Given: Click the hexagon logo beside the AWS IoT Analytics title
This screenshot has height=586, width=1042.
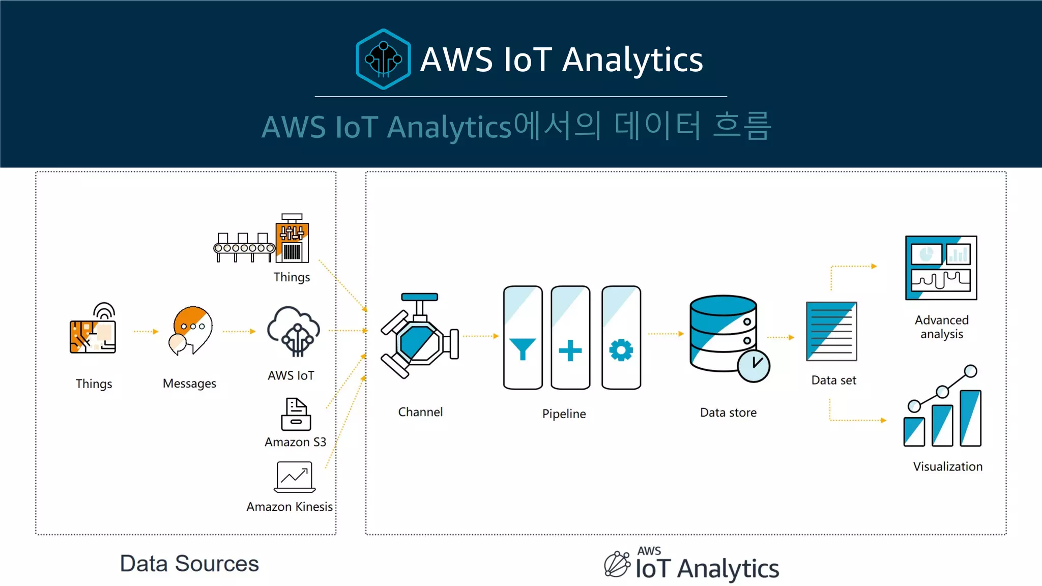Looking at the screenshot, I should [383, 59].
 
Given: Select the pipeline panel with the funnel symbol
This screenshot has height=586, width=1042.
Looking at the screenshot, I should [523, 338].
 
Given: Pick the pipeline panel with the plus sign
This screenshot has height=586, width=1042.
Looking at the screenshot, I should [570, 338].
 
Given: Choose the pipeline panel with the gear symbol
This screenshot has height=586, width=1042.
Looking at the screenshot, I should [621, 338].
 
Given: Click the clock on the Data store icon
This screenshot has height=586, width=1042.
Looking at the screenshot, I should [754, 365].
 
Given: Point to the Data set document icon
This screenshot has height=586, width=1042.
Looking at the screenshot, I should [831, 331].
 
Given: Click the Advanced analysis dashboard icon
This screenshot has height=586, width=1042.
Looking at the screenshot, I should [941, 268].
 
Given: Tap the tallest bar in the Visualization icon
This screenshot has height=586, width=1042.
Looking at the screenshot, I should [970, 418].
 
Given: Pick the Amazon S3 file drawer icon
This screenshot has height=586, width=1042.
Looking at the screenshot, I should [296, 415].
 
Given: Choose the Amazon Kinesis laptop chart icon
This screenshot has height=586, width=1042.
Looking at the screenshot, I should [295, 477].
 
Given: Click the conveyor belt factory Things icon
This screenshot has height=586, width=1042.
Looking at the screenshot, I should [262, 239].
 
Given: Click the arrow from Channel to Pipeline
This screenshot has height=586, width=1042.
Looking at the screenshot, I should [480, 336].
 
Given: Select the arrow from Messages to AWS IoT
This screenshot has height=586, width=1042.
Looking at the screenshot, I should [239, 331].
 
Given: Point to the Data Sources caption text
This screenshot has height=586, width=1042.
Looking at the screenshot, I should [189, 564].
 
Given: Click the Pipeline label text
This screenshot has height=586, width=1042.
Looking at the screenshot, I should [564, 414].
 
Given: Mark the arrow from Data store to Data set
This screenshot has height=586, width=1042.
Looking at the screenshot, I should [780, 337].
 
